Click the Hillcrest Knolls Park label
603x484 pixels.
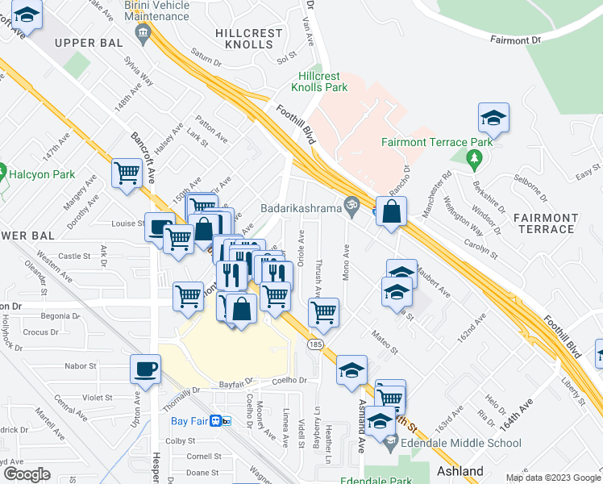click(318, 81)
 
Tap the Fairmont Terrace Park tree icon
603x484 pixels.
click(475, 160)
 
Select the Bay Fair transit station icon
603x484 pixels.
click(227, 420)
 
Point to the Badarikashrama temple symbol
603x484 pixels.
click(351, 207)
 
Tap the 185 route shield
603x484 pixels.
click(314, 344)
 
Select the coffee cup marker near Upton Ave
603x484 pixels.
click(145, 369)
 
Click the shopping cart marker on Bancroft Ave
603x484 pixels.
click(127, 173)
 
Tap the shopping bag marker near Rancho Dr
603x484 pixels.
click(391, 212)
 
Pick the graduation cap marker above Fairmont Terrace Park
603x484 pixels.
click(493, 119)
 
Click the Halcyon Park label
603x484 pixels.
click(41, 174)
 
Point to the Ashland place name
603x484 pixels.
click(460, 471)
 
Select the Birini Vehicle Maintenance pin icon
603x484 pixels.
click(143, 32)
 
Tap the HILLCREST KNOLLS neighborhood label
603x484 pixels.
click(249, 39)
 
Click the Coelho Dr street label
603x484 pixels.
click(290, 381)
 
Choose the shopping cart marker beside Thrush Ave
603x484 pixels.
click(323, 311)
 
